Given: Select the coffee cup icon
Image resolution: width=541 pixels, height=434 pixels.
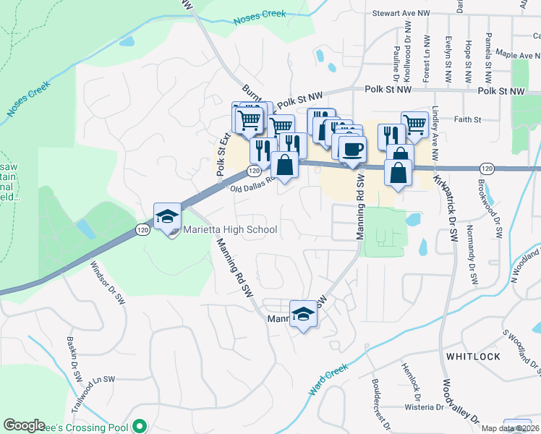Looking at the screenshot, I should click(352, 150).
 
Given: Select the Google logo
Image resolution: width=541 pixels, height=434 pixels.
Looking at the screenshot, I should click(24, 426).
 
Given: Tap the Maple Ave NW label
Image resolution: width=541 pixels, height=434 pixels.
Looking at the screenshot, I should click(508, 55).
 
